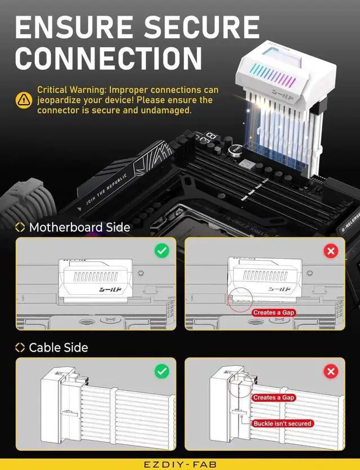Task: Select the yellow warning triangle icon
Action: coord(24,100)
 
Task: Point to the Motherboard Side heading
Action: coord(79,227)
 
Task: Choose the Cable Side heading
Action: coord(58,348)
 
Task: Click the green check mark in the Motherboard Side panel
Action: coord(162,250)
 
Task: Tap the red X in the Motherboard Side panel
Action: coord(331,250)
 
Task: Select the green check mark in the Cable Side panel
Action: coord(162,371)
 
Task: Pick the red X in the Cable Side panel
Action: coord(331,371)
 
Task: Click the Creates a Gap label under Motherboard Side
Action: coord(273,312)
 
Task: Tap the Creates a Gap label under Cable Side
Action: coord(273,397)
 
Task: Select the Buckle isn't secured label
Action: coord(282,423)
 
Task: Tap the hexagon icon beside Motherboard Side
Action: coord(20,227)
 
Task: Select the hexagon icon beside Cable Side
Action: coord(20,348)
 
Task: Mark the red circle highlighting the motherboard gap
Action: coord(240,298)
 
